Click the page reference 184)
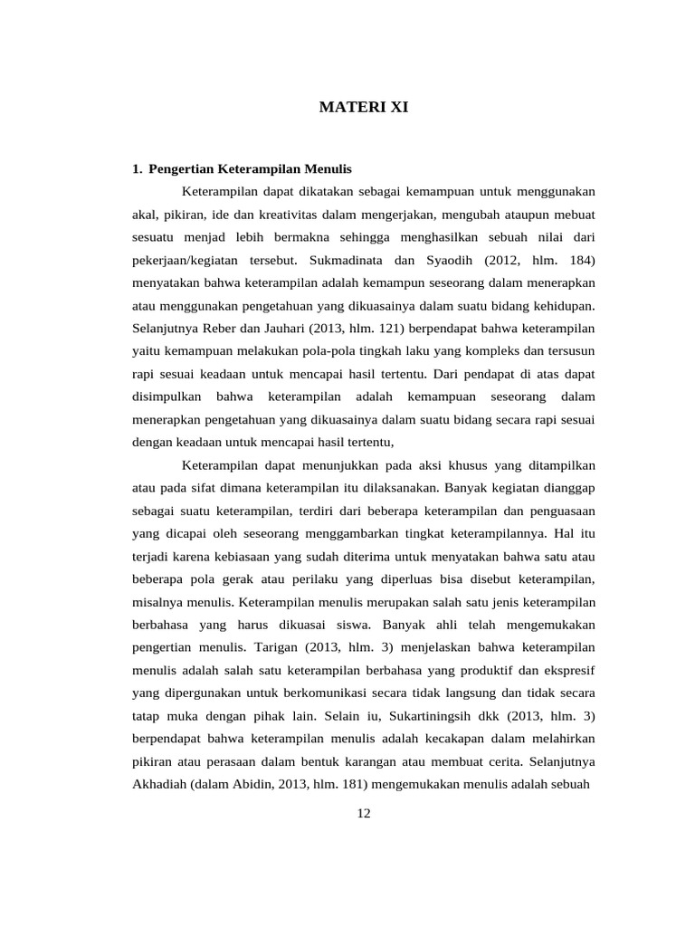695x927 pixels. click(578, 261)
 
